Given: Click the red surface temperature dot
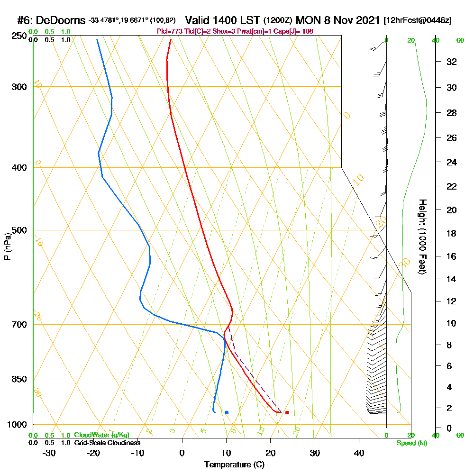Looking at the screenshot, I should (x=287, y=412).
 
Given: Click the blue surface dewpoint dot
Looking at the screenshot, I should (x=227, y=412).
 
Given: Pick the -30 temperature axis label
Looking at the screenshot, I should (x=49, y=453).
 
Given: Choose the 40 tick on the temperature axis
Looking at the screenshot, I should (x=359, y=453).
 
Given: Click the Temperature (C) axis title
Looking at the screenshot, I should (x=234, y=465).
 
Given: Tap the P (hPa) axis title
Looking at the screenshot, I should (x=7, y=246).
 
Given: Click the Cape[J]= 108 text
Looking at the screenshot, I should (x=295, y=31).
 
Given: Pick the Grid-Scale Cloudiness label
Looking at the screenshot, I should (x=107, y=443).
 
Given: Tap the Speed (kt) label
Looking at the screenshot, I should (x=412, y=443).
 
